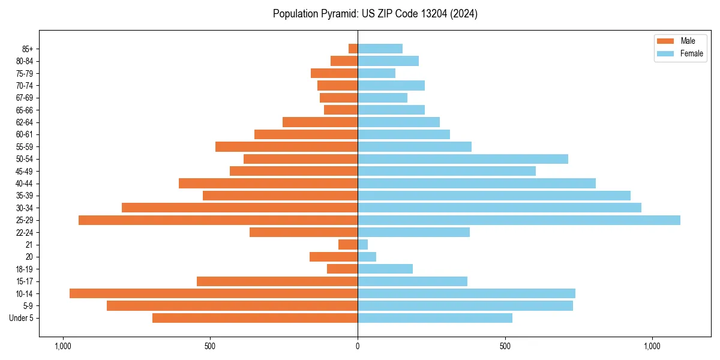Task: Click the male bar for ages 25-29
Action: tap(218, 220)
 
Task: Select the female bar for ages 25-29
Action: tap(519, 220)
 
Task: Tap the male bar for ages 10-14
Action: tap(214, 293)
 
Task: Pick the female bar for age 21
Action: tap(363, 245)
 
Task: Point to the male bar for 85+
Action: tap(353, 49)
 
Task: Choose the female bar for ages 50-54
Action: tap(463, 159)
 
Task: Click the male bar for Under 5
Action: tap(255, 318)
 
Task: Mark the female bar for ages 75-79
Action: tap(377, 73)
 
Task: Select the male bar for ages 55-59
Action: tap(287, 147)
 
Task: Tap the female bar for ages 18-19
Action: tap(385, 269)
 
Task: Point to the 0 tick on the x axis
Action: tap(358, 346)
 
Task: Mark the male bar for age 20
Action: tap(334, 257)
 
